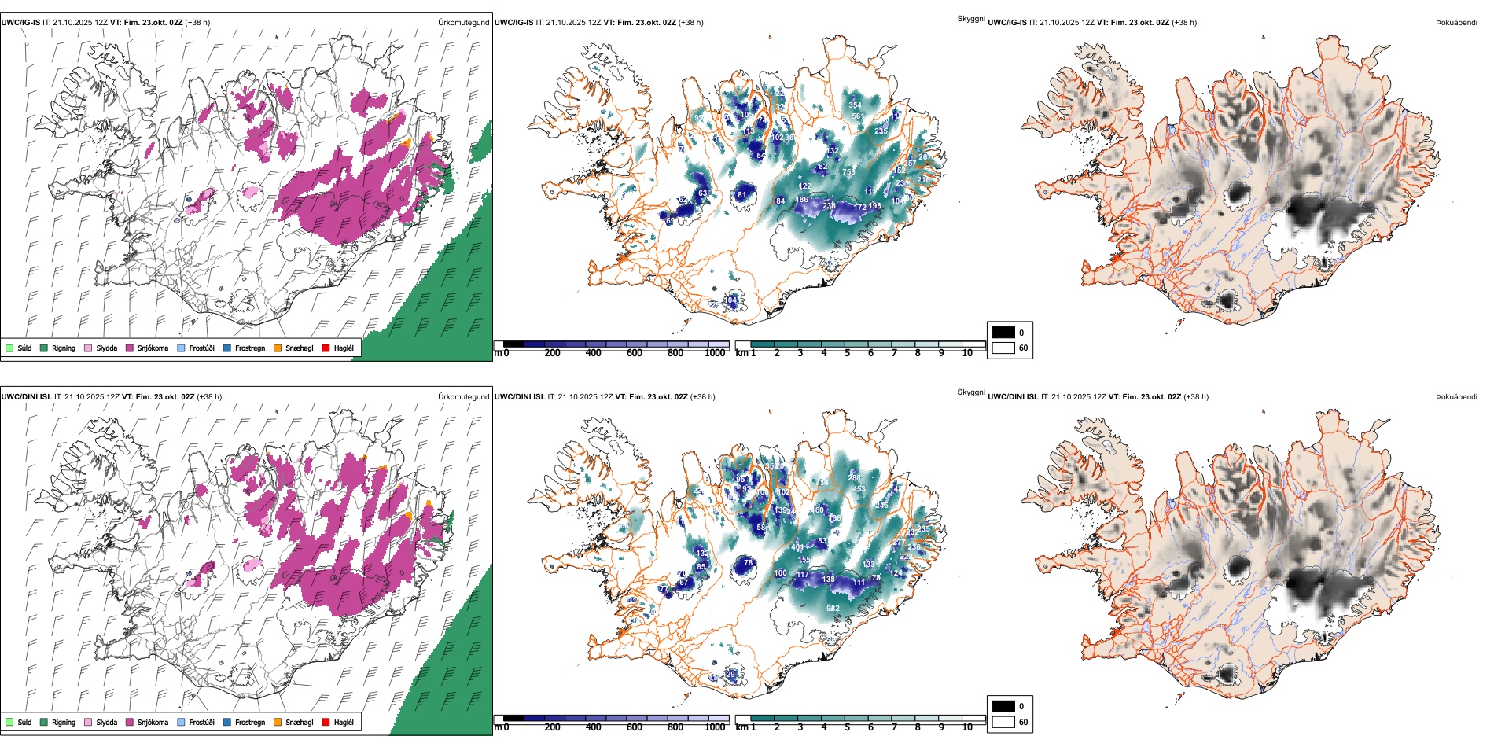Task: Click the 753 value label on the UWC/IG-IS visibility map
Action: click(x=848, y=172)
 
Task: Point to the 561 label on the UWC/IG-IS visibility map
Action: click(x=858, y=116)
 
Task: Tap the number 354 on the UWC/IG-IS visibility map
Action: click(x=855, y=105)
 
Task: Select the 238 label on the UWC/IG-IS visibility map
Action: click(x=829, y=206)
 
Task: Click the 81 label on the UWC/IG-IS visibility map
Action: click(x=741, y=195)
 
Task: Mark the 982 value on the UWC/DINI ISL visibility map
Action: click(x=833, y=609)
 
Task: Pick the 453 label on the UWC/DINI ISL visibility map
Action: click(x=859, y=489)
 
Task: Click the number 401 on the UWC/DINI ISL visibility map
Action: click(x=797, y=547)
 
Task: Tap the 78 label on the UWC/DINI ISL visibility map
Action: click(x=749, y=563)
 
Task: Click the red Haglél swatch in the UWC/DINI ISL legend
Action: click(x=326, y=722)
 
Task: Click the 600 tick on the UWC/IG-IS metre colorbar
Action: click(x=635, y=353)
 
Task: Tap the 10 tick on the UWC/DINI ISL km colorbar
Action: click(x=967, y=727)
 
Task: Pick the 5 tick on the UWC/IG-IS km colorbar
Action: click(x=848, y=353)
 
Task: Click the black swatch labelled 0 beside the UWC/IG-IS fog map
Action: click(x=1003, y=333)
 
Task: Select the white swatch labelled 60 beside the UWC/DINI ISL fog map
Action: click(x=1003, y=722)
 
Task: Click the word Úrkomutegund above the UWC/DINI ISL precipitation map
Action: click(x=463, y=396)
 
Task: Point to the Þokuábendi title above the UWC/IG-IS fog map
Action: click(x=1456, y=23)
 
